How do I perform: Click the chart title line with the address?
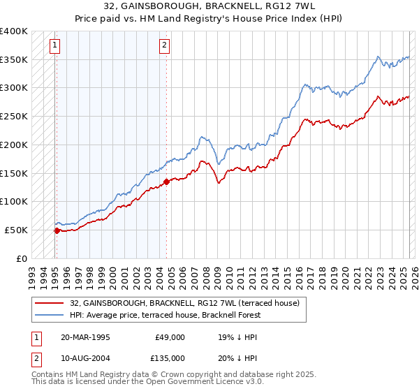[x=209, y=6]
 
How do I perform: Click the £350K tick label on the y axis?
[x=13, y=60]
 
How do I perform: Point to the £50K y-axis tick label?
[x=16, y=230]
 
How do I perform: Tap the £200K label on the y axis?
[x=13, y=145]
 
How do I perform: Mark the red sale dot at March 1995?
[x=57, y=230]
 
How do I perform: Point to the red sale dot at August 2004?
[x=166, y=182]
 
